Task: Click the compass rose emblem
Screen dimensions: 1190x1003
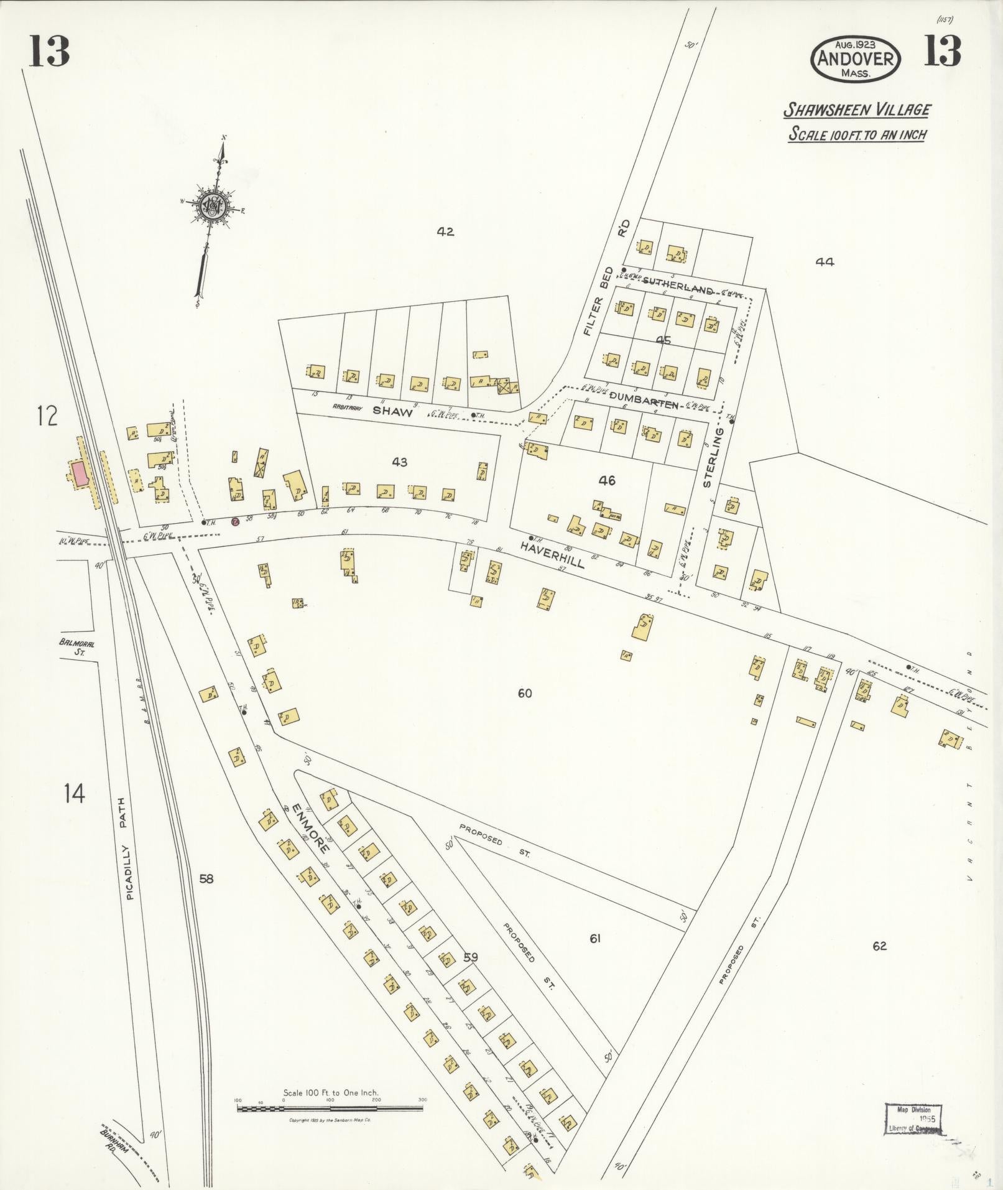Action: coord(212,206)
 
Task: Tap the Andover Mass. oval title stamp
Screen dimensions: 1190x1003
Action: coord(856,58)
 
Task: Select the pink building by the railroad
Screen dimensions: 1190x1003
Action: coord(79,474)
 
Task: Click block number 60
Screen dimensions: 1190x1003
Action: coord(525,693)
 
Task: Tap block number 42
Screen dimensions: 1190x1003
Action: coord(445,232)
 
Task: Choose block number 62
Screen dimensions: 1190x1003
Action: coord(879,964)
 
